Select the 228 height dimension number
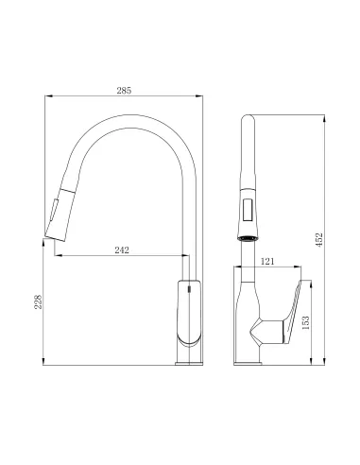(x=36, y=301)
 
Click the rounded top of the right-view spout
(x=249, y=119)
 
